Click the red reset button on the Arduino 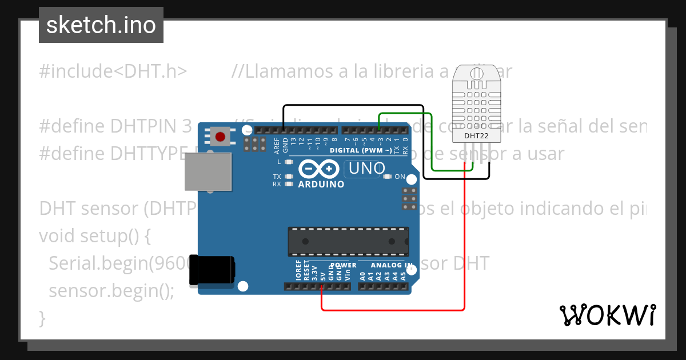pos(220,137)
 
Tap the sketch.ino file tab pos(101,25)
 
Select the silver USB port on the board pos(208,171)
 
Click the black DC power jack pos(212,270)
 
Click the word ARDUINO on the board pos(321,185)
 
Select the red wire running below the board pos(394,310)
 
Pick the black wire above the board pos(354,106)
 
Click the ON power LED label pos(400,177)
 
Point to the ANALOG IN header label pos(392,265)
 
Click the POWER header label pos(343,265)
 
